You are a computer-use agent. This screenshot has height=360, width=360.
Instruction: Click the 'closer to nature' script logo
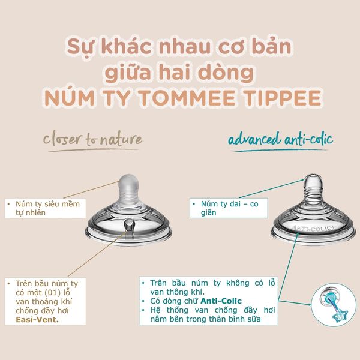[x=92, y=140]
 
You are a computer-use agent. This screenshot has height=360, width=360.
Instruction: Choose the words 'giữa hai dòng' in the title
[x=180, y=72]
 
